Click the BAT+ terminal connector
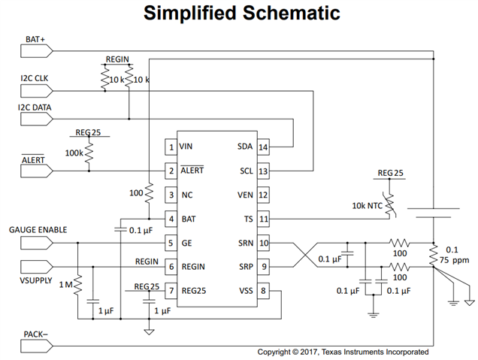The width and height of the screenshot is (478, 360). (37, 51)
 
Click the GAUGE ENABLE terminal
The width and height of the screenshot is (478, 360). (37, 242)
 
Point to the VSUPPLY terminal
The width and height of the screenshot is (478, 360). (37, 266)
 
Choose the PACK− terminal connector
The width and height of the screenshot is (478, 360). (37, 345)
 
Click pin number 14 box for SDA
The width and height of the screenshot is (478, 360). (263, 147)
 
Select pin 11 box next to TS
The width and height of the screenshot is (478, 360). (263, 219)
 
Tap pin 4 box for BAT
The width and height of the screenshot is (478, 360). (171, 219)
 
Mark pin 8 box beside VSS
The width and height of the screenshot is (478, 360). (263, 291)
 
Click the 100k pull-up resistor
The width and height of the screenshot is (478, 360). (89, 153)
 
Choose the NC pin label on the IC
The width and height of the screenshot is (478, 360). (187, 195)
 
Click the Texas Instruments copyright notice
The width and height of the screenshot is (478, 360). (343, 352)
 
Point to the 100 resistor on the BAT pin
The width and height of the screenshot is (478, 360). (149, 194)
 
